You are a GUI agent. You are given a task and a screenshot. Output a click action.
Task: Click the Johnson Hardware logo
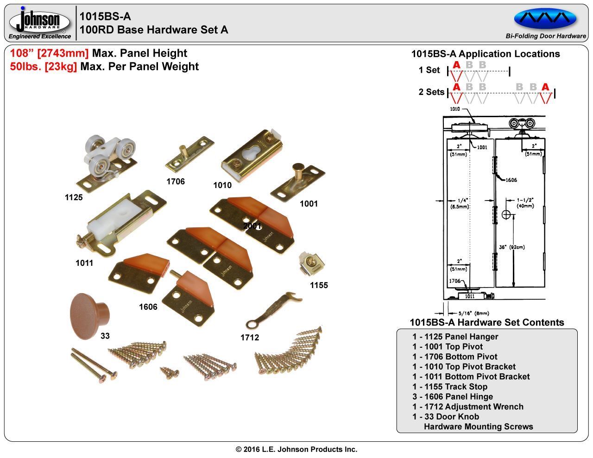[40, 22]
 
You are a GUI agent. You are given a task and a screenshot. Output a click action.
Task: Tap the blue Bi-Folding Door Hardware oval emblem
[545, 19]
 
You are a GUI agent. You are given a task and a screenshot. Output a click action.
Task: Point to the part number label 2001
[252, 226]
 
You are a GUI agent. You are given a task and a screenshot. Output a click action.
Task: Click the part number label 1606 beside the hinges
[148, 307]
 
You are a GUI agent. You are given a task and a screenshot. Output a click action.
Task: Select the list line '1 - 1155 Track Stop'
[449, 387]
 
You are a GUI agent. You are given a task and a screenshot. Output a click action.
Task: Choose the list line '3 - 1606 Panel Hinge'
[452, 397]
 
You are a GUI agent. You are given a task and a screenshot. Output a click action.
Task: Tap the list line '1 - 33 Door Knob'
[446, 417]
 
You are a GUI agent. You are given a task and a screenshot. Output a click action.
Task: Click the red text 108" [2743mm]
[50, 53]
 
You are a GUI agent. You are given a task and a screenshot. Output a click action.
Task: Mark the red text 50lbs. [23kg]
[44, 67]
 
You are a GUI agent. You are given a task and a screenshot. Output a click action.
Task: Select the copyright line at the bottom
[296, 449]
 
